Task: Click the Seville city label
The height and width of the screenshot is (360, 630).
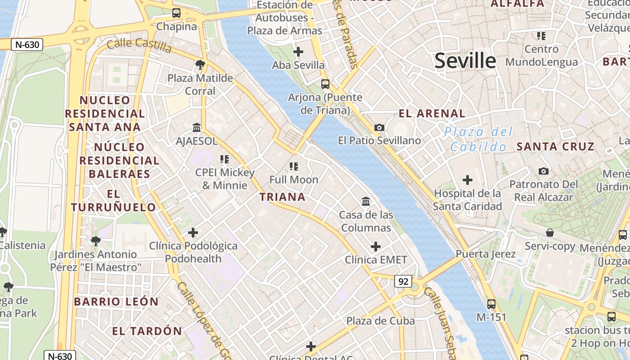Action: (465, 61)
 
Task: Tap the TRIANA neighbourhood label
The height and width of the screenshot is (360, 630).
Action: (283, 197)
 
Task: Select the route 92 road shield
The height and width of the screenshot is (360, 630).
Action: (403, 281)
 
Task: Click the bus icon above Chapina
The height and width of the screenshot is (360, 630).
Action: (176, 13)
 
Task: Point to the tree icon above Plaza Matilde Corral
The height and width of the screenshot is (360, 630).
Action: (200, 65)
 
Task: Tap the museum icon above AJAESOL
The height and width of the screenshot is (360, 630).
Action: (197, 128)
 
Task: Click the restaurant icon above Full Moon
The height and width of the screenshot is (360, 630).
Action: (294, 166)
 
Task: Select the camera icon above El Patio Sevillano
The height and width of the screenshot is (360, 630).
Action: (379, 127)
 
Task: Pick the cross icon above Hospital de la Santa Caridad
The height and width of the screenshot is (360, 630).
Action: (468, 180)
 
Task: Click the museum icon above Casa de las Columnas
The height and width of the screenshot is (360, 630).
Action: (366, 201)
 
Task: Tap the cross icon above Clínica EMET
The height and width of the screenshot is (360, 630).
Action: (376, 247)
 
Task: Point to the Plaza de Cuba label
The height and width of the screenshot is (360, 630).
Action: (380, 321)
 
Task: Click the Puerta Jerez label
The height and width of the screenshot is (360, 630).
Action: (486, 254)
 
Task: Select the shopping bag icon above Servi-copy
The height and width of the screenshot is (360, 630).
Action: (550, 233)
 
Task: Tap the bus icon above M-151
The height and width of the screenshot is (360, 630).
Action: (491, 304)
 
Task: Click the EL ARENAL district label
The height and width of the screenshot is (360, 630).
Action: (432, 113)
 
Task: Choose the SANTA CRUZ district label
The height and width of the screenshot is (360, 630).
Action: (555, 146)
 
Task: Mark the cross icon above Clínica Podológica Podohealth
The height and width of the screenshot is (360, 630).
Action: (193, 233)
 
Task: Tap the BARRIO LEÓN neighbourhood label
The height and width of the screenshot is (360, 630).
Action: (116, 301)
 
